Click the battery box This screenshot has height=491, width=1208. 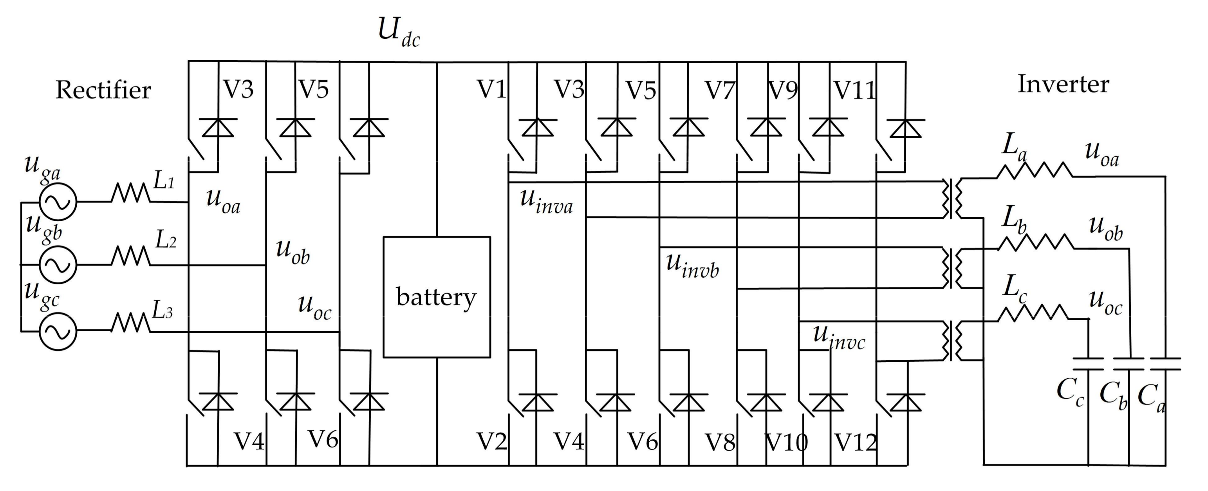point(437,297)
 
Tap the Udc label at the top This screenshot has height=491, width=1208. point(399,32)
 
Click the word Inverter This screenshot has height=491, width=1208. point(1063,85)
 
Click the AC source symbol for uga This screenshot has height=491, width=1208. point(58,202)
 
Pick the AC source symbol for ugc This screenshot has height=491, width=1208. point(58,332)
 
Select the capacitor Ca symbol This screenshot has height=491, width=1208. point(1165,364)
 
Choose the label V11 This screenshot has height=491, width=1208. point(854,90)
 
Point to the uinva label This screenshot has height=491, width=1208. point(546,202)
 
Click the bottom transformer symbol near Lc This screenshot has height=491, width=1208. point(952,341)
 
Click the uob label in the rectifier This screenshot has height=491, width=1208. point(293,252)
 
